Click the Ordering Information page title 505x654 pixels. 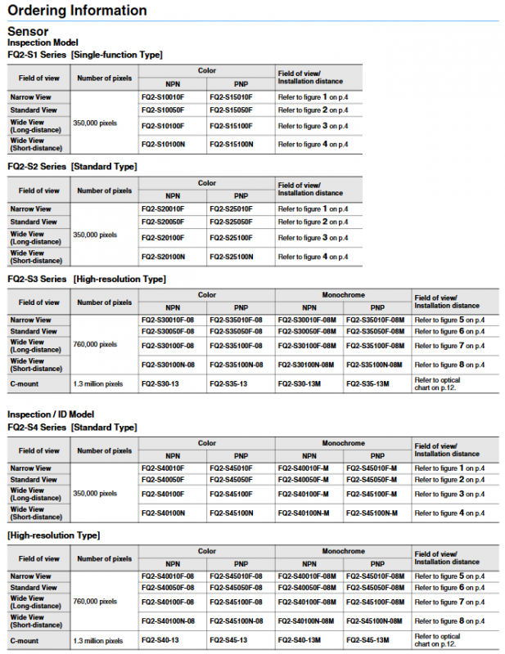[78, 11]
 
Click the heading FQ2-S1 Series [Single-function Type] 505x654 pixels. [85, 55]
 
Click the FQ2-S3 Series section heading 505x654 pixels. [86, 279]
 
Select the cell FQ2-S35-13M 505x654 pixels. [376, 383]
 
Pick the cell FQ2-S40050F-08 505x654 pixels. [168, 588]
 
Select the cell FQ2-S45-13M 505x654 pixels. [376, 640]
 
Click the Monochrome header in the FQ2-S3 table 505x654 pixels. [343, 294]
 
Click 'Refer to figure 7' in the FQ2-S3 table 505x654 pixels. [449, 346]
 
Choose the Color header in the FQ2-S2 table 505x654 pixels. [207, 183]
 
